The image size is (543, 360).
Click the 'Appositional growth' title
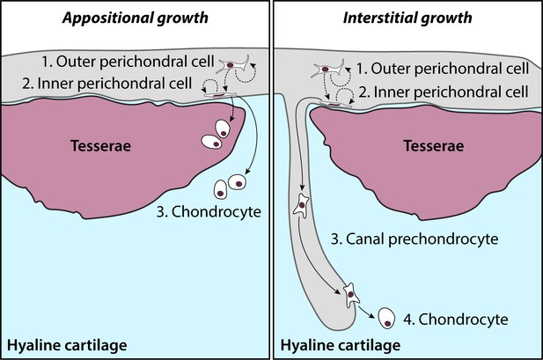point(136,18)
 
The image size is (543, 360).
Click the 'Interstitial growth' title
point(407,18)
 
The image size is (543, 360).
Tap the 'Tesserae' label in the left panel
point(101,145)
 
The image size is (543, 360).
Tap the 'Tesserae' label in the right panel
point(434,145)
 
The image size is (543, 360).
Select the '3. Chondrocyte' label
point(209,212)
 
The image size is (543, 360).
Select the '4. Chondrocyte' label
point(455,320)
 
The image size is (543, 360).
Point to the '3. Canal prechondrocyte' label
point(415,239)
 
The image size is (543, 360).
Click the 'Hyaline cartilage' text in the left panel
point(67,345)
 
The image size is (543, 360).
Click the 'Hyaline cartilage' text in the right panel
point(341,345)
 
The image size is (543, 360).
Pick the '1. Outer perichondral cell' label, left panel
point(128,62)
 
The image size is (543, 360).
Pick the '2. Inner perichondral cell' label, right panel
point(444,92)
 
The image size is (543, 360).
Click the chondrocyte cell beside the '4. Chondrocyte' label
point(386,318)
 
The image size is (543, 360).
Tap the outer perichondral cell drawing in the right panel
point(327,70)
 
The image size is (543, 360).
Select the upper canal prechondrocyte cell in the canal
point(301,206)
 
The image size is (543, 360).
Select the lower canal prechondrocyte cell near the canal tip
point(351,295)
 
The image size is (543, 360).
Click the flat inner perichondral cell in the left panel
point(220,94)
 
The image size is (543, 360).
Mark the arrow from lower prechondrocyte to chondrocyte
point(367,312)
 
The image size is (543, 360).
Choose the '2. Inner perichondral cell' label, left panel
point(107,84)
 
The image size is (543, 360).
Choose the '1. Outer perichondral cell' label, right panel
point(443,69)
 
